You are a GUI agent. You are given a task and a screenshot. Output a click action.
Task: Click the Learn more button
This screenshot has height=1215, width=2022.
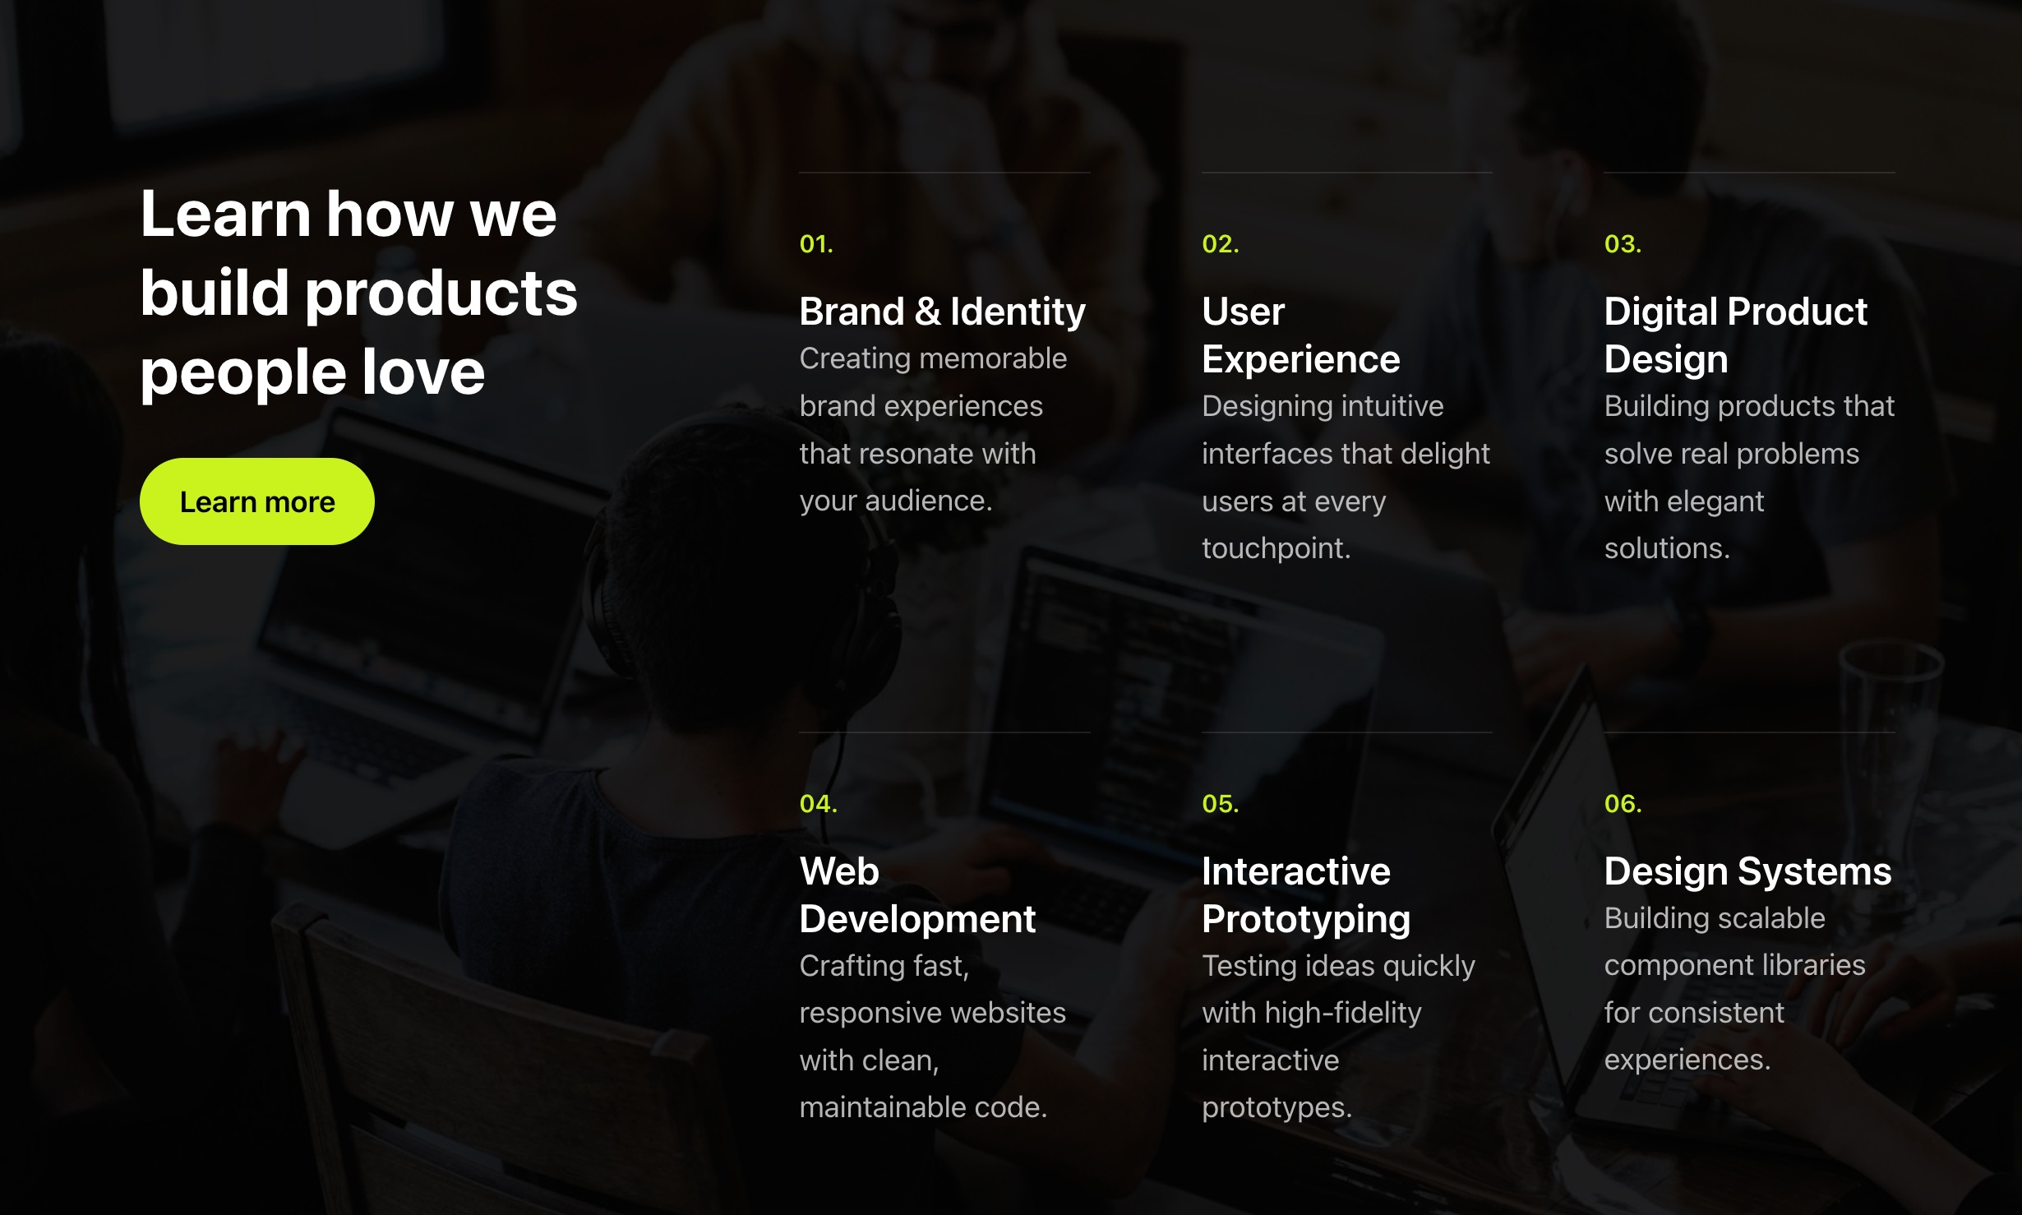[x=256, y=501]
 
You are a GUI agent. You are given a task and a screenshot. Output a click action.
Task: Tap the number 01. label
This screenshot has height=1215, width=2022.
[x=816, y=244]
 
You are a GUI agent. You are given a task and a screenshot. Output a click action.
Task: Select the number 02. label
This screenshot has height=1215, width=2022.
[x=1220, y=244]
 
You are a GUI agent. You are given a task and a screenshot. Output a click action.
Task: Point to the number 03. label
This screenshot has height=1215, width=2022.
[x=1623, y=244]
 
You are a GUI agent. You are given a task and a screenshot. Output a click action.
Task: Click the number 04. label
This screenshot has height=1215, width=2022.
[x=818, y=803]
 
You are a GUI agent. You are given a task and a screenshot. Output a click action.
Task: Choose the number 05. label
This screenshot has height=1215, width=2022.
[x=1220, y=803]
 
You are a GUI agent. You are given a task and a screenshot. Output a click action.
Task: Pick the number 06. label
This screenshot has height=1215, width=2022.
[x=1623, y=803]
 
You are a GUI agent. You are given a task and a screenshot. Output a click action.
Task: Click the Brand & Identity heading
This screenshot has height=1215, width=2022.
[x=942, y=312]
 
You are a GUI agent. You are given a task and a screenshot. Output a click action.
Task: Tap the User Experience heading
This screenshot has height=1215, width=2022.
[x=1300, y=335]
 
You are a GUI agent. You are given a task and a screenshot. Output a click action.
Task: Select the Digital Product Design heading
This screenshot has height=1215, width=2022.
[x=1735, y=335]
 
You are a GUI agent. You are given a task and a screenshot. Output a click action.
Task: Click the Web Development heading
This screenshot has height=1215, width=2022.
[x=916, y=894]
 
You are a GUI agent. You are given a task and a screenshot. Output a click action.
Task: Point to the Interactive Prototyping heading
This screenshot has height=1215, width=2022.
[x=1305, y=894]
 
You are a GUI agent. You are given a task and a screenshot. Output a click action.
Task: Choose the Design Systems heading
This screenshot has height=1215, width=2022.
[x=1747, y=871]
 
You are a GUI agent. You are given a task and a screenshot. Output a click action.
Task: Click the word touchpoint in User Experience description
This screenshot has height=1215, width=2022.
[x=1275, y=548]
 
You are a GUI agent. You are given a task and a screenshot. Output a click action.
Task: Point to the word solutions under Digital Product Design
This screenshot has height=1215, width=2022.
[x=1666, y=548]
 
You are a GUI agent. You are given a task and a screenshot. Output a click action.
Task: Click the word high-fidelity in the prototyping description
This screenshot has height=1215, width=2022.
[x=1343, y=1013]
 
